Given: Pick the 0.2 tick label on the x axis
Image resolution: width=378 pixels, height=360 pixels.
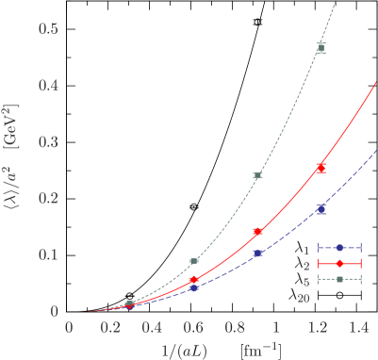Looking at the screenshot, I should coord(110,327).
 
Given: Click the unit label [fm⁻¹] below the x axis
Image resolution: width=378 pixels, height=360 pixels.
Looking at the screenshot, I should coord(260,349).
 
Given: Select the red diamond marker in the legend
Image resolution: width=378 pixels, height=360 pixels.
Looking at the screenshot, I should coord(339,263).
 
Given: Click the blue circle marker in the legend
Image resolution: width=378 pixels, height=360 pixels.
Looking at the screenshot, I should coord(339,248).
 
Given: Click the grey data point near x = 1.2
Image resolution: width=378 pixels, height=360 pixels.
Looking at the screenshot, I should coord(321,47).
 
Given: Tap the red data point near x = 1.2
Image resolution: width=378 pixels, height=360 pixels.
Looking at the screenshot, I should coord(321,168).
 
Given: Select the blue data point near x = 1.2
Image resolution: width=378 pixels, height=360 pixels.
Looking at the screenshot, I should coord(321,208).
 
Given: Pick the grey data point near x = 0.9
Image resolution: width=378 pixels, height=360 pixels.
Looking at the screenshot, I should coord(257,175).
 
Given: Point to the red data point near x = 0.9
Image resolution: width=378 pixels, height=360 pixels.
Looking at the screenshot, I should coord(257,231).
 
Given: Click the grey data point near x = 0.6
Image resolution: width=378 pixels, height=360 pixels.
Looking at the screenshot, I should coord(194,261).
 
